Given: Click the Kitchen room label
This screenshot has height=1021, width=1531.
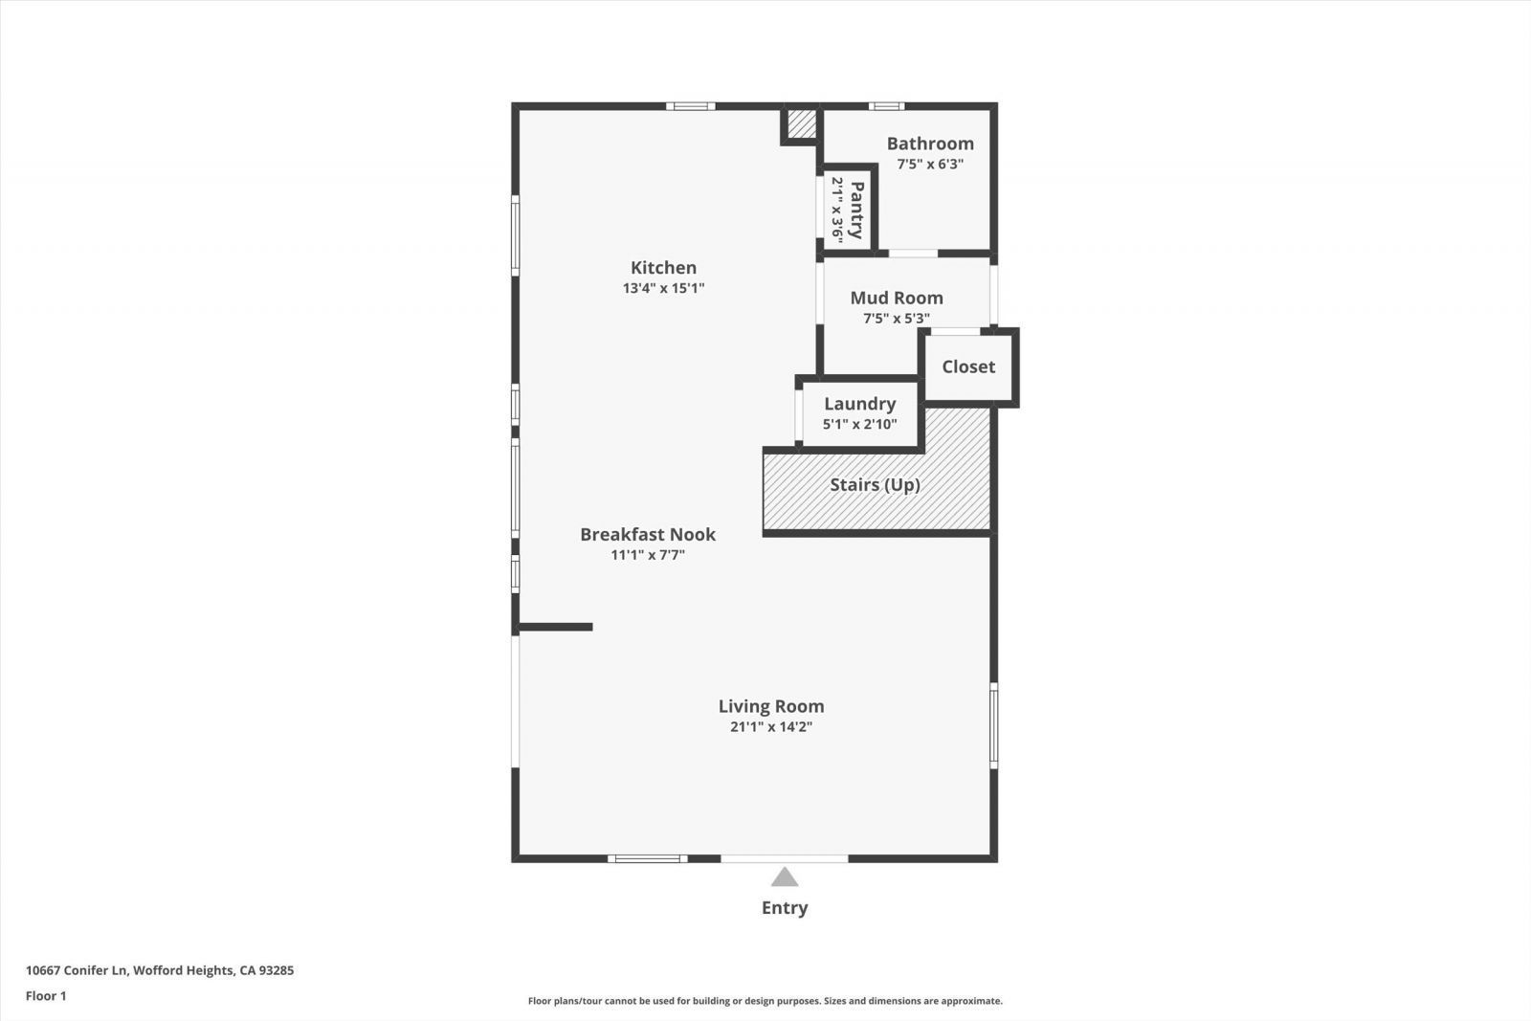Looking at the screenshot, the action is (663, 267).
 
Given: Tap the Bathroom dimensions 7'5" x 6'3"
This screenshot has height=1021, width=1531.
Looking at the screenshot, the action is (930, 164).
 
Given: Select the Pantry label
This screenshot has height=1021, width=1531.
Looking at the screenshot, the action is (855, 210).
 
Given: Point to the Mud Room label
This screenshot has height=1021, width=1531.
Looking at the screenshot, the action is (896, 298).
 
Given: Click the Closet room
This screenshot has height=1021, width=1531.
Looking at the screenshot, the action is (968, 367).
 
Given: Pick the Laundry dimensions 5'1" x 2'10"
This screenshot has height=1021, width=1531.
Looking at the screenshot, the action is (860, 425).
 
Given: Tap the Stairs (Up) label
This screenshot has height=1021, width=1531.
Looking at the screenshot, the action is (875, 484).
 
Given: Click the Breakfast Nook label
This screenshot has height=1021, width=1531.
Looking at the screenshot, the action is (648, 534).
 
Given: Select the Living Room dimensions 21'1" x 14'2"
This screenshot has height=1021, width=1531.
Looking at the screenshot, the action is (771, 726).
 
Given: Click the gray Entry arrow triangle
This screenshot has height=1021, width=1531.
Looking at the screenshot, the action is (785, 878).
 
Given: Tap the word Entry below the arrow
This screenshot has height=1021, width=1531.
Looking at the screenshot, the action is (785, 907).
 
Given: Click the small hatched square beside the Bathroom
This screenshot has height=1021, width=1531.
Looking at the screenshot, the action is (801, 123).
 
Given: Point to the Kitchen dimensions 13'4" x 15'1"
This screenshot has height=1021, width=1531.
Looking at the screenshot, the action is (663, 288).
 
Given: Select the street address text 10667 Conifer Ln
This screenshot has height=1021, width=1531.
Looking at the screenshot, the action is (77, 970).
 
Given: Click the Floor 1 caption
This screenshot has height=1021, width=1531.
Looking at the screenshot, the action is (46, 996).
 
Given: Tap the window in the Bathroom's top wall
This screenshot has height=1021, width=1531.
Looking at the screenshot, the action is (886, 106).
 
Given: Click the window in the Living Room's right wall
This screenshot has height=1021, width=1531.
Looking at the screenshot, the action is (994, 725).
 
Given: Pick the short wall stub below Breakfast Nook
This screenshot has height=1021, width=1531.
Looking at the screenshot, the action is (556, 627).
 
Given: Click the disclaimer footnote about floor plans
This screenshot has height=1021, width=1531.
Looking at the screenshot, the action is (765, 1001).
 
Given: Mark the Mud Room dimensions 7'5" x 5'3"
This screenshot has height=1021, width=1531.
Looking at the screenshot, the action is (896, 319).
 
